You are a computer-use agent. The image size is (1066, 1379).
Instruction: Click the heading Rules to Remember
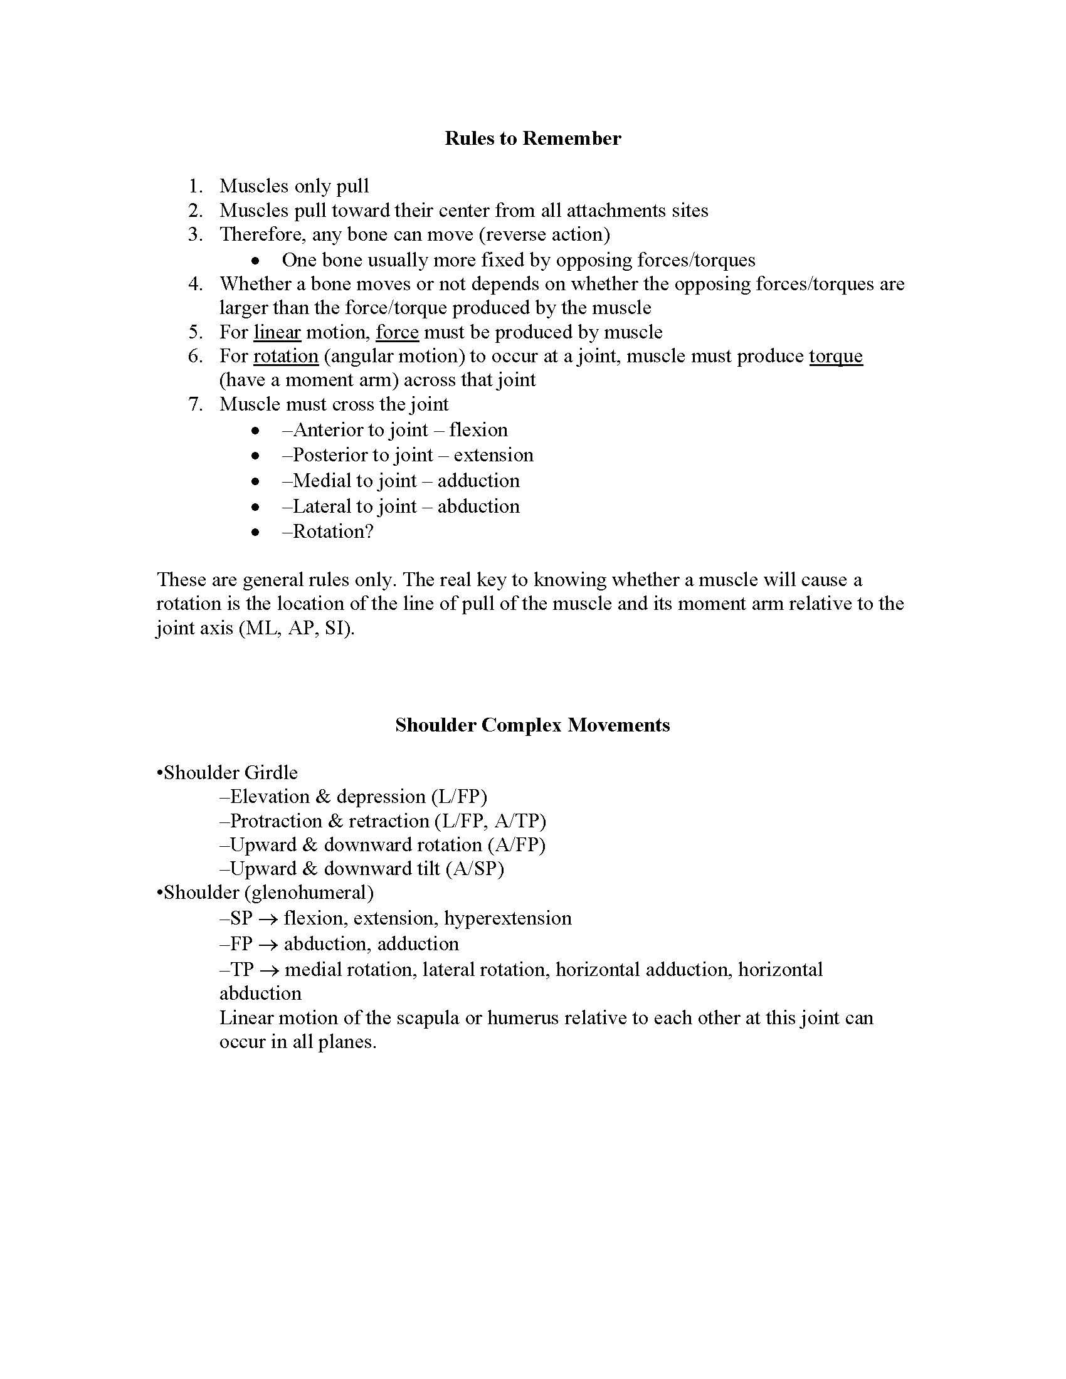tap(532, 139)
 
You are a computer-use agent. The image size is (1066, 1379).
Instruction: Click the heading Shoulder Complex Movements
tap(532, 725)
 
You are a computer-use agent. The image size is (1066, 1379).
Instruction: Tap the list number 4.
tap(195, 284)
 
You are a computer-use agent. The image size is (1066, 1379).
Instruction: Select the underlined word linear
tap(277, 332)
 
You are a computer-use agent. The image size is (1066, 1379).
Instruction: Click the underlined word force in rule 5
tap(397, 332)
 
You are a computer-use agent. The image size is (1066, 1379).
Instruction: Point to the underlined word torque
tap(835, 356)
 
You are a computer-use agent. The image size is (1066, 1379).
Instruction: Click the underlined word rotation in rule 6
tap(285, 356)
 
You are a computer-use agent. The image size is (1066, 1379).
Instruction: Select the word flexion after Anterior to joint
tap(478, 430)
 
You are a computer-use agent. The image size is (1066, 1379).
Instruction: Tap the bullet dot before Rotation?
tap(255, 532)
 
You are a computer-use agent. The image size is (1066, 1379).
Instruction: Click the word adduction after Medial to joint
tap(478, 481)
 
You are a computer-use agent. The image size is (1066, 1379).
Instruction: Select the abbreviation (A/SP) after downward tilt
tap(474, 869)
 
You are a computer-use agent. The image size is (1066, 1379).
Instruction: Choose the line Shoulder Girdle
tap(228, 773)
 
